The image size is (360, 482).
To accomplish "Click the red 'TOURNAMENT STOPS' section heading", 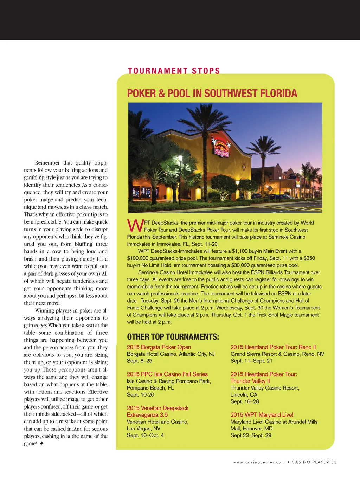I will pos(174,71).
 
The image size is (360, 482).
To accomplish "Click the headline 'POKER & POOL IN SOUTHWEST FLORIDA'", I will pos(212,94).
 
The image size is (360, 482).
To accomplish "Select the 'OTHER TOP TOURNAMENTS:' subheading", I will pos(173,337).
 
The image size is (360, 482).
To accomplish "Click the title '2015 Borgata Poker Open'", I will pos(159,347).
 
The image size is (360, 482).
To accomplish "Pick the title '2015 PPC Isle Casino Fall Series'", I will pos(167,374).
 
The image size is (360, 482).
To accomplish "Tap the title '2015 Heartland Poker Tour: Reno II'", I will pos(273,347).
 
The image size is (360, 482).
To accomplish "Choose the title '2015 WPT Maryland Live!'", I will pos(262,415).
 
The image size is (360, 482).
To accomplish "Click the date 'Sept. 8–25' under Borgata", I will pos(140,361).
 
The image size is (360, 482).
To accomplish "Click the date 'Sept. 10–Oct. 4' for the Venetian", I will pos(145,435).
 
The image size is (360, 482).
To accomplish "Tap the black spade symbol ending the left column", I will pos(41,443).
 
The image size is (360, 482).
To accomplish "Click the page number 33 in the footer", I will pos(334,462).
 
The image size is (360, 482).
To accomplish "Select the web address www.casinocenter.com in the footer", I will pos(259,462).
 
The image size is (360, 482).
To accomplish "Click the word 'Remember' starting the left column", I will pos(47,163).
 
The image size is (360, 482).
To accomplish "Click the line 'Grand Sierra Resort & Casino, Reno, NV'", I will pos(277,354).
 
